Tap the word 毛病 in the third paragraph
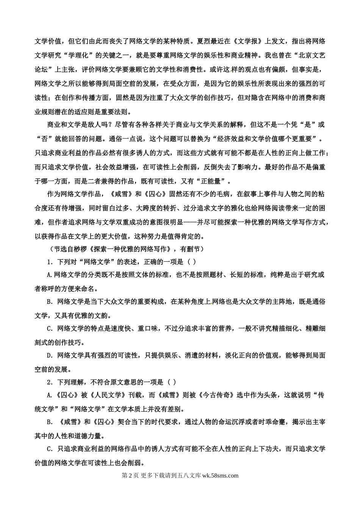(x=219, y=194)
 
